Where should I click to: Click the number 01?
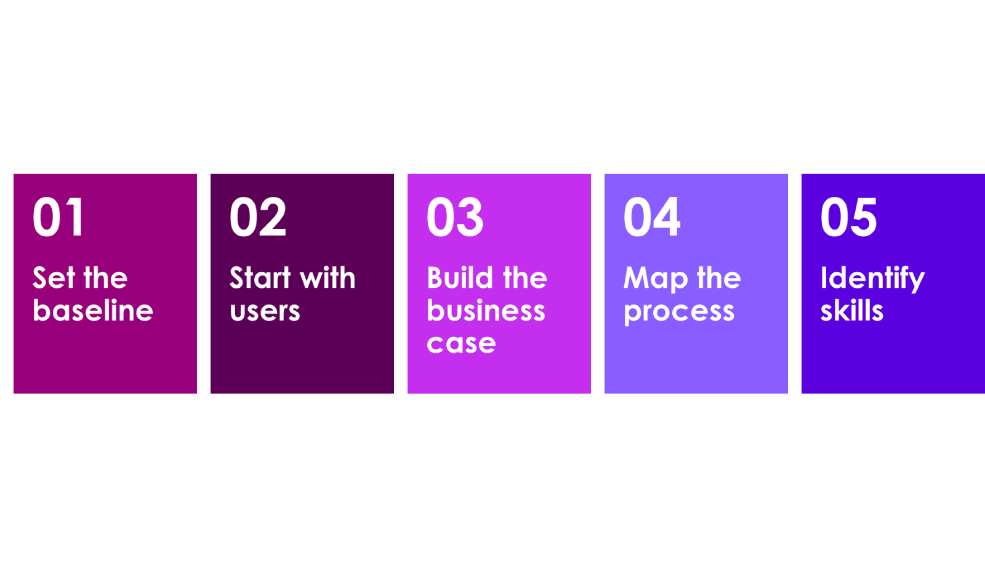click(58, 216)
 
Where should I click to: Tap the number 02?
click(258, 216)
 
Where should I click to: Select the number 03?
click(455, 216)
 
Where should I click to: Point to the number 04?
click(652, 216)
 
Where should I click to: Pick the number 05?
click(849, 216)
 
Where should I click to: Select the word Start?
click(260, 277)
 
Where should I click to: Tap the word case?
click(461, 344)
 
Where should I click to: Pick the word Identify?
click(873, 279)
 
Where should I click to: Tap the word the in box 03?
click(525, 277)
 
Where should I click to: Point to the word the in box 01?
click(105, 277)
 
